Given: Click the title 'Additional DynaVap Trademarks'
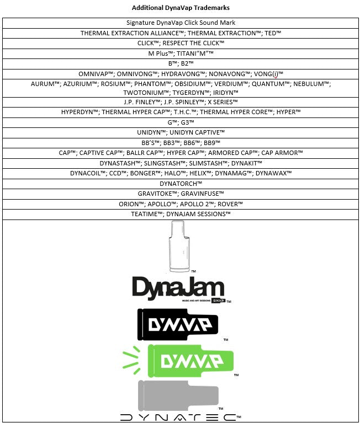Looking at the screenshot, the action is click(181, 8).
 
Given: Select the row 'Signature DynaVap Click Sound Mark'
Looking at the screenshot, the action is click(181, 23).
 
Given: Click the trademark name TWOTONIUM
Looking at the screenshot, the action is click(144, 93).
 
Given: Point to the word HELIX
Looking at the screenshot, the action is click(198, 173).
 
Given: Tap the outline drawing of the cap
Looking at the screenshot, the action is click(179, 247).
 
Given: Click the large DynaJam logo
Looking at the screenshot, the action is click(178, 288).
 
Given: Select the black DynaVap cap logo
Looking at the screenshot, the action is click(178, 324).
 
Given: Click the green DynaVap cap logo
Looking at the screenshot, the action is click(178, 361).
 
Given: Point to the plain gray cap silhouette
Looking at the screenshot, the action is click(178, 396).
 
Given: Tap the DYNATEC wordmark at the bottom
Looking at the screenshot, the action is click(178, 417).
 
